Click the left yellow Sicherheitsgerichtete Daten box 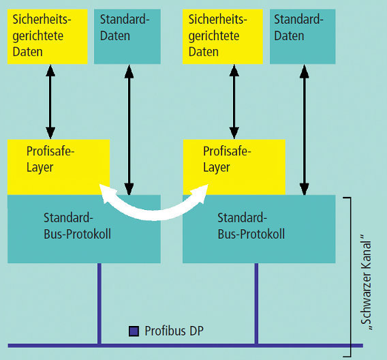click(x=48, y=37)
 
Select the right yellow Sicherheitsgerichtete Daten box click(x=223, y=37)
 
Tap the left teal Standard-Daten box click(x=127, y=37)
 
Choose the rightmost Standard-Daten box click(x=303, y=37)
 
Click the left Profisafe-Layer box click(x=59, y=167)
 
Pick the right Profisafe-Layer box click(x=234, y=167)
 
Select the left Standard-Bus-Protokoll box click(x=84, y=229)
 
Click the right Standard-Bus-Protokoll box click(x=259, y=229)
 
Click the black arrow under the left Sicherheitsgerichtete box click(x=50, y=102)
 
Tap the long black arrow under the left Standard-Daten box click(x=129, y=130)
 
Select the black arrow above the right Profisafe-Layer click(x=234, y=102)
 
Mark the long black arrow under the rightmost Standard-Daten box click(x=305, y=130)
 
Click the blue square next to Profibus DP click(x=134, y=331)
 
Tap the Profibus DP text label click(x=174, y=331)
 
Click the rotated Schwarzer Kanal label click(x=366, y=282)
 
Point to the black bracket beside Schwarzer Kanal click(x=350, y=277)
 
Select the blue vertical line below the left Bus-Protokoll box click(x=99, y=303)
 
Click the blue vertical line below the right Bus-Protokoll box click(x=256, y=303)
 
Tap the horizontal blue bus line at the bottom click(x=185, y=346)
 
